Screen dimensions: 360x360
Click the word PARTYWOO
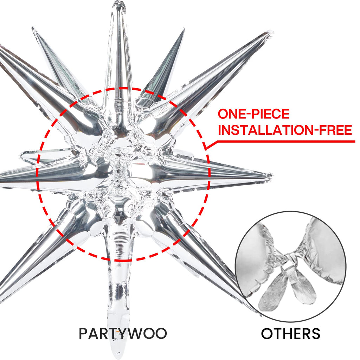(x=123, y=334)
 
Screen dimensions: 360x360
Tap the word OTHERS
(x=290, y=334)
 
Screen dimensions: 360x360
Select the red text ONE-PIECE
(x=253, y=114)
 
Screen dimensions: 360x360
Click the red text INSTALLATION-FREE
(x=285, y=130)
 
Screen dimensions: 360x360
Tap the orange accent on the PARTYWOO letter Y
(x=118, y=332)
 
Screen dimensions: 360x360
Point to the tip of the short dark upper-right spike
(x=184, y=30)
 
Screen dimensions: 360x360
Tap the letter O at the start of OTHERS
(x=267, y=334)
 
